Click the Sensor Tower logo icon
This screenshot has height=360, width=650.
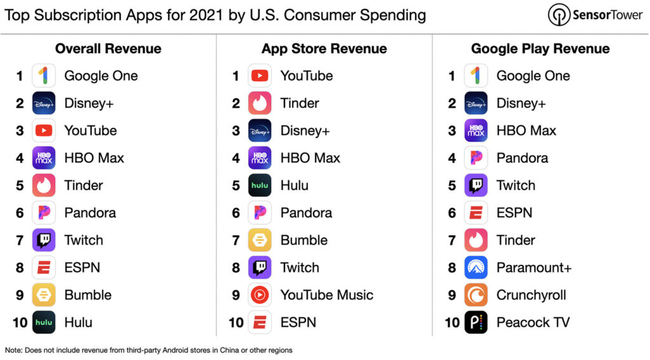click(559, 15)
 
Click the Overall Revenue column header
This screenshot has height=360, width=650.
click(108, 49)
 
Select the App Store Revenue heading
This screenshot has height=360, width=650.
click(324, 49)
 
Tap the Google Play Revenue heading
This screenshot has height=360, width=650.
click(540, 49)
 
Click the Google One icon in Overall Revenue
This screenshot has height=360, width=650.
click(44, 76)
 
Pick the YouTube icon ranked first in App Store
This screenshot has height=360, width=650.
click(260, 76)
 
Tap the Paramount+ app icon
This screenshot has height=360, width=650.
click(475, 268)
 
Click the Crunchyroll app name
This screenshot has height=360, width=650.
click(531, 295)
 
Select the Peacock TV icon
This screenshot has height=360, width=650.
click(475, 323)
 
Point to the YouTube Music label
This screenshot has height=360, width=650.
click(326, 295)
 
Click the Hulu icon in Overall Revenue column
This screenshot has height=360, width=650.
click(44, 323)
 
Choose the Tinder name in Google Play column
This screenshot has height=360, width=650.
click(515, 241)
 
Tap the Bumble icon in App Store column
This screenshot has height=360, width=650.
click(260, 241)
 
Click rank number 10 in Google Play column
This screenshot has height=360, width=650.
click(451, 323)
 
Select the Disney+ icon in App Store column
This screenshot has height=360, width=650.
click(260, 131)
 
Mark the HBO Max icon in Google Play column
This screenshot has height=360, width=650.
click(475, 131)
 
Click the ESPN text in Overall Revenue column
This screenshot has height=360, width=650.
click(82, 268)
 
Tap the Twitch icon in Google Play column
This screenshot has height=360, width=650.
click(475, 185)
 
